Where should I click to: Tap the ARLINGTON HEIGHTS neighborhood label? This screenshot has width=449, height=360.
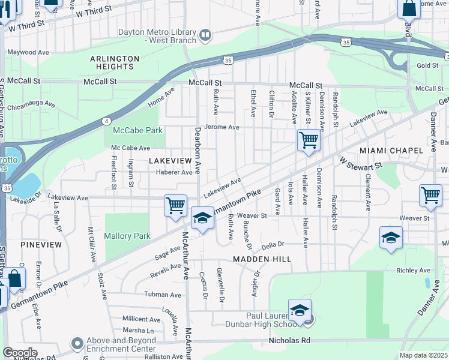click(x=115, y=62)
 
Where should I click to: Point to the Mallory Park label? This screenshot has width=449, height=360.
click(x=127, y=236)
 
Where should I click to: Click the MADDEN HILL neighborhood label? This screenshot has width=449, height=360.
click(x=262, y=259)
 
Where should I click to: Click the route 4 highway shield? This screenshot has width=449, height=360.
click(x=106, y=121)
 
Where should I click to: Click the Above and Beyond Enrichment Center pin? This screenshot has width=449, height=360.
click(x=77, y=344)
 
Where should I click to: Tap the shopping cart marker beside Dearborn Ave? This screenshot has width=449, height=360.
click(x=175, y=205)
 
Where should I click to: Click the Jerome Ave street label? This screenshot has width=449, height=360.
click(x=221, y=127)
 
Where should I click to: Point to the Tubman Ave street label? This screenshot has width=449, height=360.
click(x=163, y=295)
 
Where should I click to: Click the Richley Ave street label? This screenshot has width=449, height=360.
click(x=414, y=271)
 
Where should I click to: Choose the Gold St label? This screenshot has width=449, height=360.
click(x=427, y=65)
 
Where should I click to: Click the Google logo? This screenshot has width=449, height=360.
click(x=19, y=353)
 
